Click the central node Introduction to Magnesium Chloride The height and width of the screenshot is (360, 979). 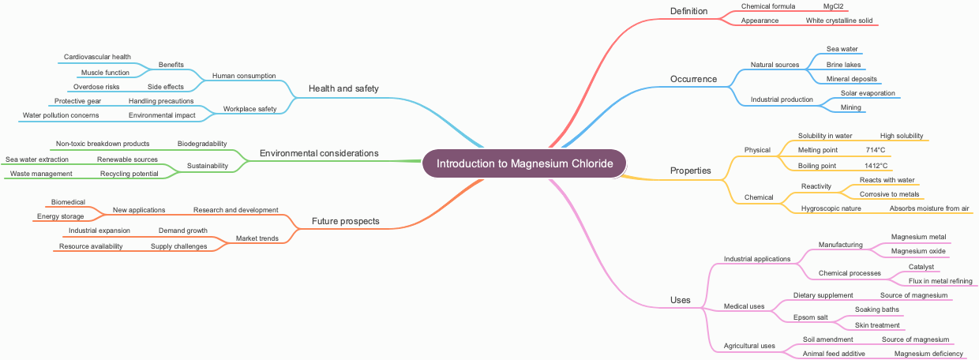[524, 164]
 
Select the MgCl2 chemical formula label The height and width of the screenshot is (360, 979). [834, 6]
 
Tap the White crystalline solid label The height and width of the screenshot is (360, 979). [838, 21]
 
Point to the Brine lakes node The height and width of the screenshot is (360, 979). [843, 65]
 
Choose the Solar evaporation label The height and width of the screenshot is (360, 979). [868, 93]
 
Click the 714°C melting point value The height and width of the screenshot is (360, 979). [876, 150]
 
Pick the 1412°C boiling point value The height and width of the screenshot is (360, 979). [876, 166]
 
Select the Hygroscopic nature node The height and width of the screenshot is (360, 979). [831, 208]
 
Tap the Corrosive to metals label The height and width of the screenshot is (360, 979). [889, 194]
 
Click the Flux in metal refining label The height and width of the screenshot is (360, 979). [940, 281]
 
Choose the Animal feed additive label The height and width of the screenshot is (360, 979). [834, 354]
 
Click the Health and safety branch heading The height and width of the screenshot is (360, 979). [343, 88]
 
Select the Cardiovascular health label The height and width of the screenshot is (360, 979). [97, 57]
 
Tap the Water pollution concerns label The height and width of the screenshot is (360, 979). [61, 115]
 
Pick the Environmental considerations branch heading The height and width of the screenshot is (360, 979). [319, 153]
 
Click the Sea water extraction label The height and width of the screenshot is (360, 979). [37, 159]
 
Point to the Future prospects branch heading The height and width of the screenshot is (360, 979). [345, 221]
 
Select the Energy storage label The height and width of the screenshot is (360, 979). [60, 216]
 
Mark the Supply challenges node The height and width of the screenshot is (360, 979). [178, 246]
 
